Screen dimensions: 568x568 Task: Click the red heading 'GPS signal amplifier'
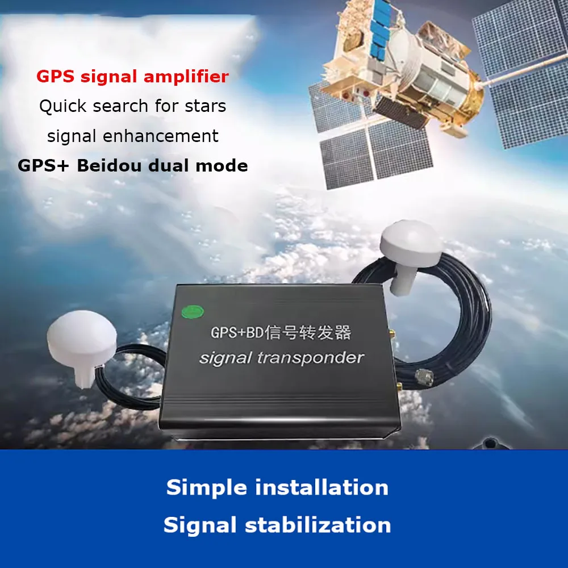point(132,77)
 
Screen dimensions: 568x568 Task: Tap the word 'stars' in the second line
point(206,106)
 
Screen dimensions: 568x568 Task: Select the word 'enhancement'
point(161,136)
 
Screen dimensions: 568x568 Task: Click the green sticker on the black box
point(193,312)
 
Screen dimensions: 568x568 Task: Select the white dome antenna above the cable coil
point(411,254)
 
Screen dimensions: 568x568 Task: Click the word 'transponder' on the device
point(311,358)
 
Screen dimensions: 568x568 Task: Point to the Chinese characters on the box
point(308,332)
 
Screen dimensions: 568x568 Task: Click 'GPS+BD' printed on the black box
point(237,332)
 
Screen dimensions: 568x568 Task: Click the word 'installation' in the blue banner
point(321,487)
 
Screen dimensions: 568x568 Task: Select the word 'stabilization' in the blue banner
point(318,525)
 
